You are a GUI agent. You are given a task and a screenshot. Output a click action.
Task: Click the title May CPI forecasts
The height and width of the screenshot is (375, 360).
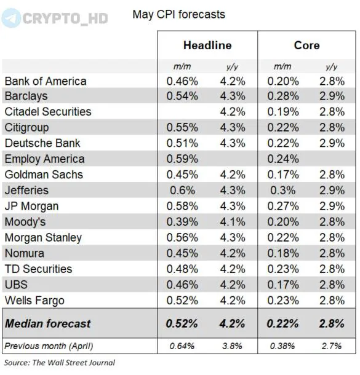tap(179, 14)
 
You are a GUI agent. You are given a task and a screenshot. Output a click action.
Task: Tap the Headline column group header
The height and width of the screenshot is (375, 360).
tap(207, 45)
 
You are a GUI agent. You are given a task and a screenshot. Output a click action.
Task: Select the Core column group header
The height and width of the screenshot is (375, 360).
tap(307, 45)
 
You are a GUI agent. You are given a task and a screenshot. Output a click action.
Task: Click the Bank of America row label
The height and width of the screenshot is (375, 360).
tap(46, 81)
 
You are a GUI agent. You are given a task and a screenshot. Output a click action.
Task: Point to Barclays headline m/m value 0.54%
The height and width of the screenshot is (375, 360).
tap(182, 96)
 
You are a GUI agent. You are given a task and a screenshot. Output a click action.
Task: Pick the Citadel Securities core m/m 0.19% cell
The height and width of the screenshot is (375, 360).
tap(283, 112)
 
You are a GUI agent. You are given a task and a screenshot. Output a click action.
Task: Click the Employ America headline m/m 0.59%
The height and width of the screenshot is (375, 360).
tap(182, 159)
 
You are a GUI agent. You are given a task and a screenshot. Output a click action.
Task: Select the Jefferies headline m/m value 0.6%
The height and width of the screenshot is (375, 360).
tap(182, 191)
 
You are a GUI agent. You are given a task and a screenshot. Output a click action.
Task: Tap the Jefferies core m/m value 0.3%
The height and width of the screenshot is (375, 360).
tap(283, 191)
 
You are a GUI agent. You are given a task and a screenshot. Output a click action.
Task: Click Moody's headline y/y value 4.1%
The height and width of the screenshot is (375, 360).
tap(233, 222)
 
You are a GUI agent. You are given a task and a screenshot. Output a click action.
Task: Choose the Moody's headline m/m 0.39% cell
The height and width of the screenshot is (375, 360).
tap(182, 222)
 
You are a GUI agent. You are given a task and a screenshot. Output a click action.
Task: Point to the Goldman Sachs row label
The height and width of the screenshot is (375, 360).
tap(44, 175)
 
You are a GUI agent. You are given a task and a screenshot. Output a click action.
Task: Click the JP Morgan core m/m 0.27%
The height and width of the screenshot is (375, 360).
tap(283, 206)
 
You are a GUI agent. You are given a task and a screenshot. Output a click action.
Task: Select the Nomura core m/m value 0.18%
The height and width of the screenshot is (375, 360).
tap(283, 253)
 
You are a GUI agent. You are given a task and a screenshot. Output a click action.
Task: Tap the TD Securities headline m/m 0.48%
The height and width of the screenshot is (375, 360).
tap(182, 269)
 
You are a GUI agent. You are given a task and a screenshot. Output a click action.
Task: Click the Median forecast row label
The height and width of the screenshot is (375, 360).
tap(48, 323)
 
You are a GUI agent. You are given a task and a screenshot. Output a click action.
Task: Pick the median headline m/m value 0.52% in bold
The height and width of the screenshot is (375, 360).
tap(182, 323)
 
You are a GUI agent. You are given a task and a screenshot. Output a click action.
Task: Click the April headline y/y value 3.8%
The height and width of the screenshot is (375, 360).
tap(232, 346)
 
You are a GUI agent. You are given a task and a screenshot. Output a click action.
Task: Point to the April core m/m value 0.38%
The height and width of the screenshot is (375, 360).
tap(282, 346)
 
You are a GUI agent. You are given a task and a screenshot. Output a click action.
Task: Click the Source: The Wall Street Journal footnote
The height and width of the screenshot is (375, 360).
tap(60, 363)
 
